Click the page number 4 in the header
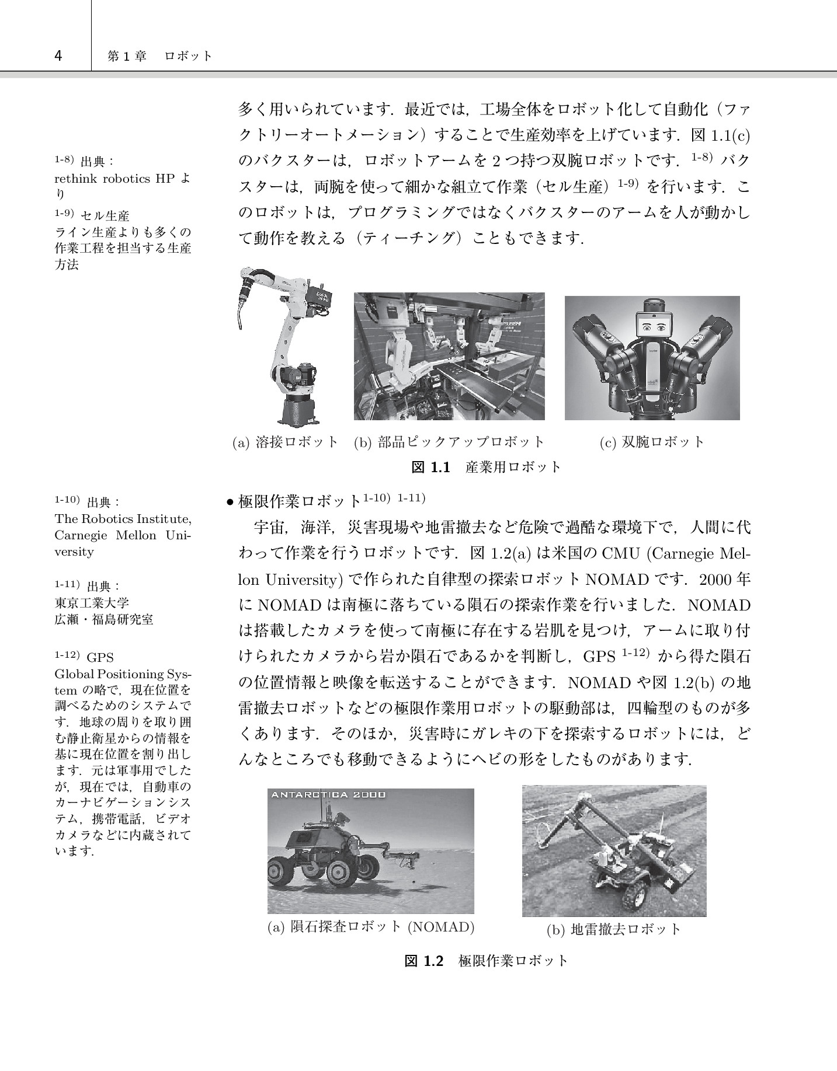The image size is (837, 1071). [x=58, y=56]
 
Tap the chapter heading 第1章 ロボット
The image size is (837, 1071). [x=159, y=56]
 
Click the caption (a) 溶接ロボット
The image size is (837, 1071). [x=286, y=442]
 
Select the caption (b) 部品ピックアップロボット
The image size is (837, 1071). [x=449, y=442]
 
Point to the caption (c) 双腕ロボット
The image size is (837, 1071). [x=652, y=442]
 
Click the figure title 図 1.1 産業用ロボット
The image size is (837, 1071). [x=486, y=467]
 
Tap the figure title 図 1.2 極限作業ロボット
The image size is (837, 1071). [x=486, y=961]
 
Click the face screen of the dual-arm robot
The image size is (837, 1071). [x=654, y=326]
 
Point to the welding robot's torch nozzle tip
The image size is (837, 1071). [x=240, y=329]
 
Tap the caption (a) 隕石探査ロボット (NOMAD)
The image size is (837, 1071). [x=370, y=926]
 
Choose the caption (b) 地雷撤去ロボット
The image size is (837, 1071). [x=614, y=929]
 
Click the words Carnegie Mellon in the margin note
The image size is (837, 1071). [x=105, y=535]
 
